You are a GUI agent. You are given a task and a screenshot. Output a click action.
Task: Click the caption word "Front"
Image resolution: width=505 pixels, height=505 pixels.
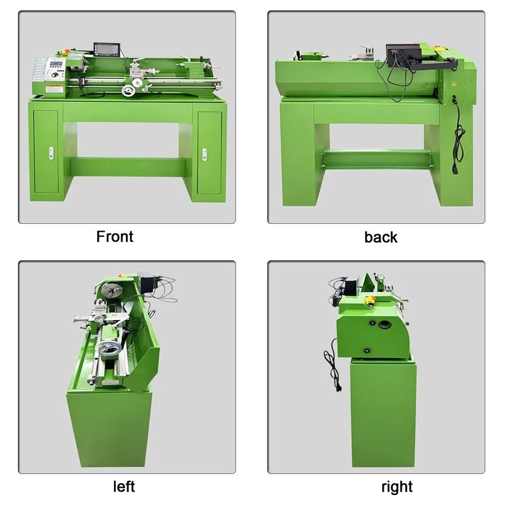pyautogui.click(x=114, y=236)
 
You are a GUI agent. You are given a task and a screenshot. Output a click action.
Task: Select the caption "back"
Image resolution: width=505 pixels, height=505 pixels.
pyautogui.click(x=380, y=237)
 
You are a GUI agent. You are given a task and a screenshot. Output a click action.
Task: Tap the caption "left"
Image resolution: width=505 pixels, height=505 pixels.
pyautogui.click(x=124, y=486)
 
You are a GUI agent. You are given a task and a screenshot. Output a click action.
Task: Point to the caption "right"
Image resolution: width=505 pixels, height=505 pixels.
pyautogui.click(x=397, y=487)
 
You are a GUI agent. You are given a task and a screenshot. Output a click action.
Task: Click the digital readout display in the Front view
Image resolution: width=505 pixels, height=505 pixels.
pyautogui.click(x=107, y=50)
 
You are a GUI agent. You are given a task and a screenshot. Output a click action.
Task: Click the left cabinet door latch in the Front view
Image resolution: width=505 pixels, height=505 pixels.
pyautogui.click(x=51, y=153)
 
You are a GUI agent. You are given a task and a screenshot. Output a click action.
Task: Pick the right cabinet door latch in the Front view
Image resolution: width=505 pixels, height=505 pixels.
pyautogui.click(x=204, y=154)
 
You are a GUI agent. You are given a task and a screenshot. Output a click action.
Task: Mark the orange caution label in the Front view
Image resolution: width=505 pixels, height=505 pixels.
pyautogui.click(x=54, y=86)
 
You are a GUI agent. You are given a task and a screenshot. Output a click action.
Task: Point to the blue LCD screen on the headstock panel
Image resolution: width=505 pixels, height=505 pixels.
pyautogui.click(x=56, y=63)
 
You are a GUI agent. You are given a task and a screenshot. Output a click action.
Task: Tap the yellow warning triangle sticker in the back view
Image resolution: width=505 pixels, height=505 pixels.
pyautogui.click(x=454, y=84)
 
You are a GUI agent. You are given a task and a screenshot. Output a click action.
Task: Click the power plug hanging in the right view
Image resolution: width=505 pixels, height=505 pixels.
pyautogui.click(x=338, y=387)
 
